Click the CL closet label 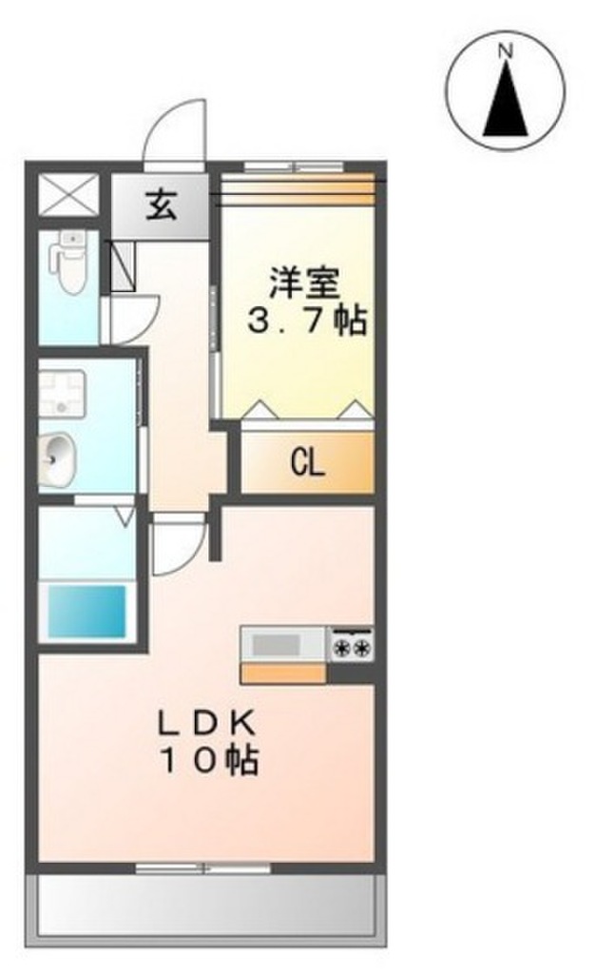click(306, 463)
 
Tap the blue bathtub click(87, 612)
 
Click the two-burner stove click(351, 644)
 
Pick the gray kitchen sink click(276, 644)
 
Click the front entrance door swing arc click(172, 133)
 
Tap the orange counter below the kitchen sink click(283, 673)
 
